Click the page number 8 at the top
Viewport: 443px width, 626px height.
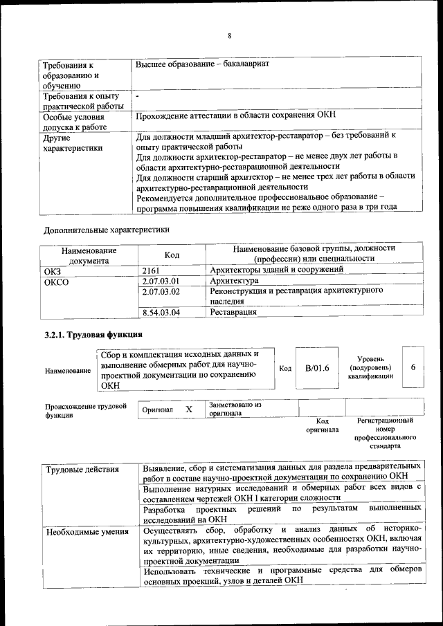pyautogui.click(x=229, y=36)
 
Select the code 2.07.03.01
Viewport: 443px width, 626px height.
pyautogui.click(x=161, y=281)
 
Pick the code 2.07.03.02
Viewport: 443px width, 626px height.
pyautogui.click(x=161, y=292)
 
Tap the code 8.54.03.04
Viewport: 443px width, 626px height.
pyautogui.click(x=161, y=313)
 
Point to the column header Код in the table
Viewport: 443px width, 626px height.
pyautogui.click(x=172, y=255)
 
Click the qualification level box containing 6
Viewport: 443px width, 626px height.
pyautogui.click(x=413, y=367)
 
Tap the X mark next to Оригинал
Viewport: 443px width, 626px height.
pyautogui.click(x=188, y=409)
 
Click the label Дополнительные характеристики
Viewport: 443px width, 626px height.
pyautogui.click(x=106, y=228)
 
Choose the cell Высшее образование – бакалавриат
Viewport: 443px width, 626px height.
pyautogui.click(x=202, y=64)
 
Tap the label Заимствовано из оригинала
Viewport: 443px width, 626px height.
pyautogui.click(x=235, y=409)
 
